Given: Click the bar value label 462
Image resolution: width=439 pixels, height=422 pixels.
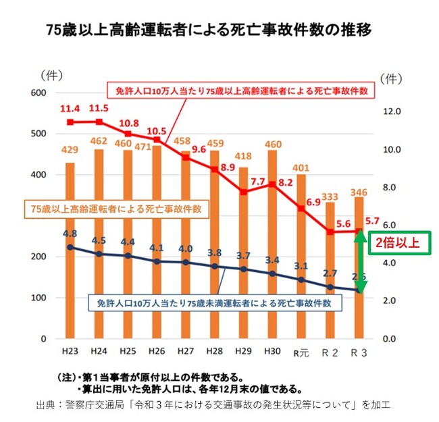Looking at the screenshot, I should click(99, 141).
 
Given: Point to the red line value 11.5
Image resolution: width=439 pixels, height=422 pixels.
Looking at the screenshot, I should click(99, 108).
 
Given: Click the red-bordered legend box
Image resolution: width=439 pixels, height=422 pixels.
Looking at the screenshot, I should click(240, 90).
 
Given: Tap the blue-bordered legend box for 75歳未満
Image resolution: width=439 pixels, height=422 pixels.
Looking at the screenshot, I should click(214, 303).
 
